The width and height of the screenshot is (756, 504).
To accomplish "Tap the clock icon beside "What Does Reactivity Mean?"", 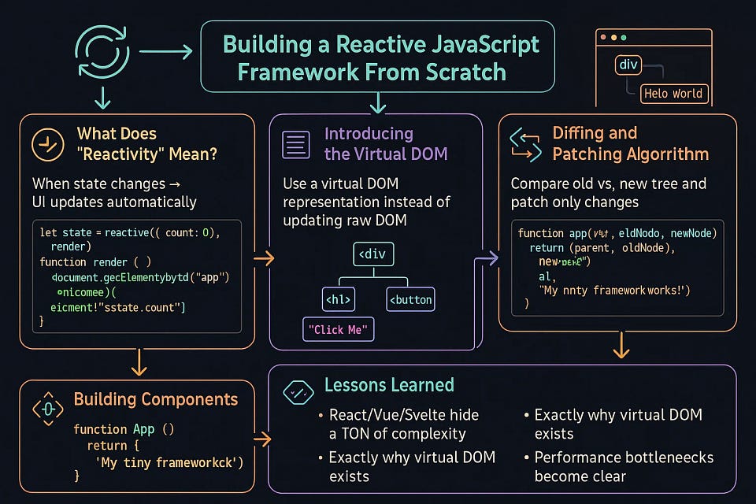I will click(x=47, y=144).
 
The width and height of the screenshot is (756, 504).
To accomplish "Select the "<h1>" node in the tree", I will click(x=338, y=299).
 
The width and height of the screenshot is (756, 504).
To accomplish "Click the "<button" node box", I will click(x=410, y=299).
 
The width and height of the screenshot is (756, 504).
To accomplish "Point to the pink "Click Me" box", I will click(x=339, y=329).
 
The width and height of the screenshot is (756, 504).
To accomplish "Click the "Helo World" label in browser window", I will click(x=673, y=93).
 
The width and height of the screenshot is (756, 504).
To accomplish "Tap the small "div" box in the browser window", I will click(x=628, y=65).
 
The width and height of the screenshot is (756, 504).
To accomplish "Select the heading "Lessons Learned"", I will click(x=389, y=385).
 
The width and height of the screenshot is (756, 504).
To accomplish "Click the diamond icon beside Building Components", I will click(x=46, y=408).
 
